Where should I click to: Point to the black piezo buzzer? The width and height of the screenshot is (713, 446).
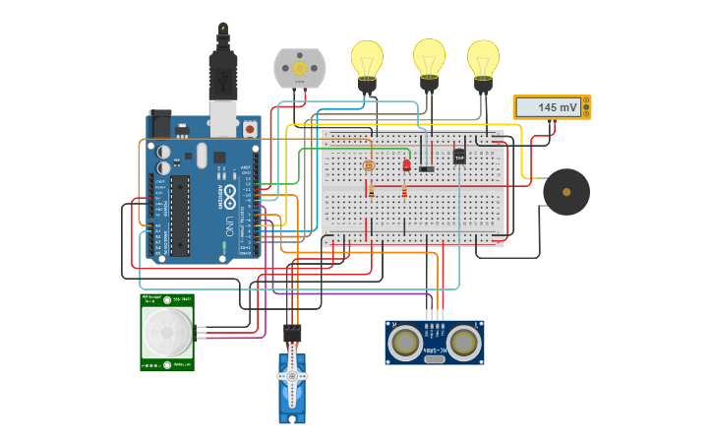click(566, 191)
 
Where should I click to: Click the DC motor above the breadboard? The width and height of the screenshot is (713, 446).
click(299, 68)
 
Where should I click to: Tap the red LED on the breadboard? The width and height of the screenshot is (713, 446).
click(406, 164)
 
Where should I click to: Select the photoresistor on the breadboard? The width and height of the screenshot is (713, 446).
click(369, 165)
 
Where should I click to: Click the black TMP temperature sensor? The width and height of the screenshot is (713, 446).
click(459, 156)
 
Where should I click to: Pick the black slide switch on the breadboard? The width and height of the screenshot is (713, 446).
click(426, 169)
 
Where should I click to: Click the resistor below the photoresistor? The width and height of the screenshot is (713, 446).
click(371, 190)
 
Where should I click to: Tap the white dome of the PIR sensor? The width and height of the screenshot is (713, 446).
click(167, 333)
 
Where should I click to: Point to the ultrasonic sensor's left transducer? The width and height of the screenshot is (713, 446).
click(404, 342)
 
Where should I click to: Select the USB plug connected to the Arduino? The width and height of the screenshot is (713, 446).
click(223, 79)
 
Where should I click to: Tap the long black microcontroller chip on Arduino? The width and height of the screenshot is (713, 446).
click(180, 216)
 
